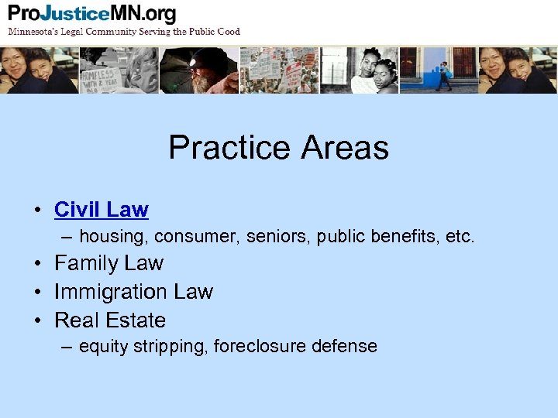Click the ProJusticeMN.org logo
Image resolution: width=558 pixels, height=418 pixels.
(x=92, y=14)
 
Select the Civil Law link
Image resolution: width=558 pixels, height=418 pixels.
(x=101, y=209)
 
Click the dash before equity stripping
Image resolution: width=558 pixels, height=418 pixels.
(x=67, y=347)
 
